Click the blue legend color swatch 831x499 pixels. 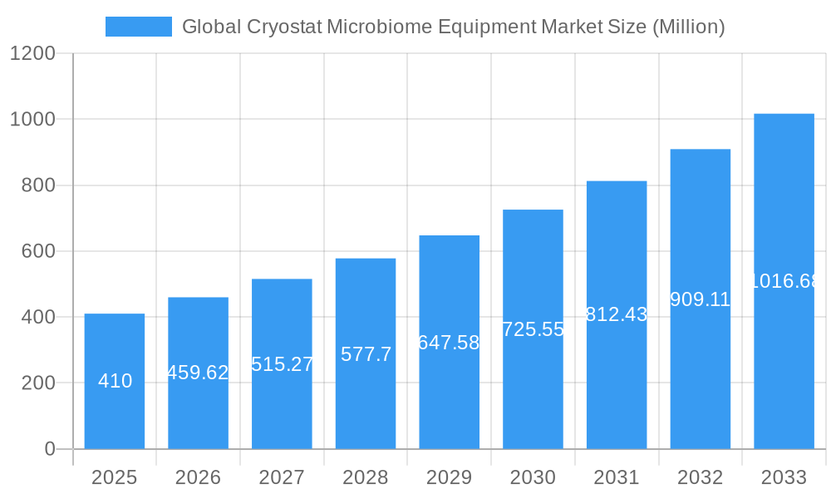(x=138, y=27)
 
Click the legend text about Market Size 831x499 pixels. (x=453, y=27)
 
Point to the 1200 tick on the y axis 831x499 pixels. (x=32, y=54)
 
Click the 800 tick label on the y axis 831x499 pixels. (x=38, y=185)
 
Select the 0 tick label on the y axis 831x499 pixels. (x=49, y=449)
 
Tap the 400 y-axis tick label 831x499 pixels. (x=38, y=318)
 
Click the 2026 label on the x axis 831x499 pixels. (x=198, y=477)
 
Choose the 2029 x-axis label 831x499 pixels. (x=449, y=477)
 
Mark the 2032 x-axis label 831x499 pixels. (x=700, y=477)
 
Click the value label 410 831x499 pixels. (x=115, y=381)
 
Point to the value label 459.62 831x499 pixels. (x=198, y=373)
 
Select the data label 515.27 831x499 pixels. (x=282, y=364)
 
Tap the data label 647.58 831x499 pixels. (x=449, y=343)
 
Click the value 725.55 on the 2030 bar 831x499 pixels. (x=533, y=329)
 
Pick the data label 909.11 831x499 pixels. (x=700, y=299)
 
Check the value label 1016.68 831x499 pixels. (x=784, y=281)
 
